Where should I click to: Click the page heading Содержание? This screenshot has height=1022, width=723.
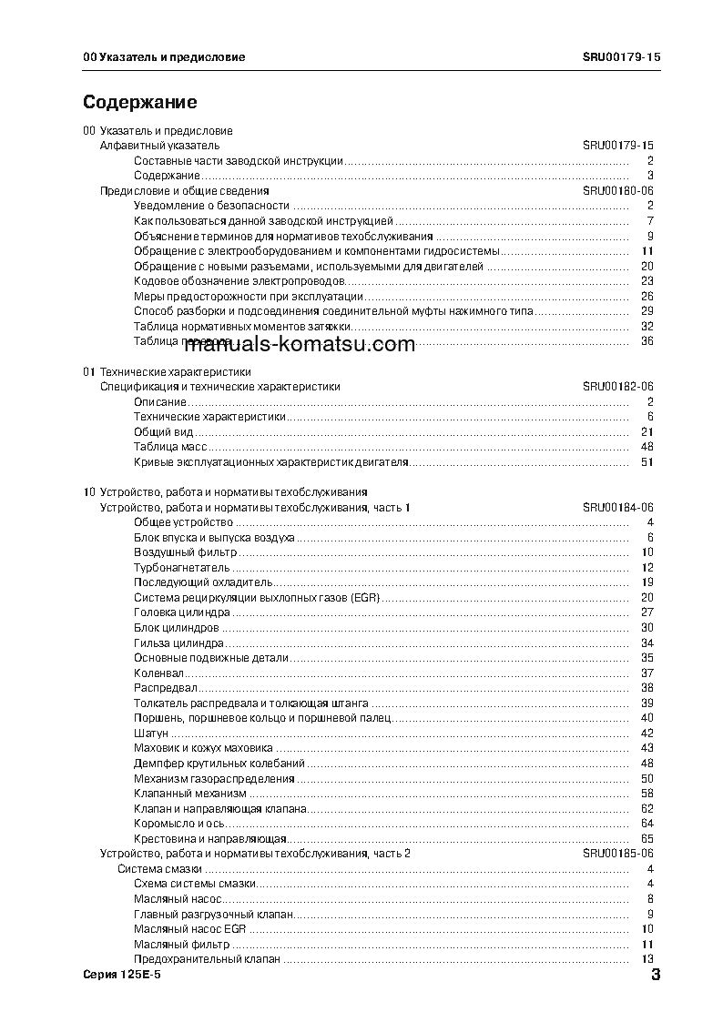click(139, 102)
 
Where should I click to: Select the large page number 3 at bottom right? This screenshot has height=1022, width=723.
click(655, 977)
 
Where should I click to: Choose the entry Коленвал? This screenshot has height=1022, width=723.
click(158, 673)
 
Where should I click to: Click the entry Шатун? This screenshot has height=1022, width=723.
click(151, 734)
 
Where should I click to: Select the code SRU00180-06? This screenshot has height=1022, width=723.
click(618, 191)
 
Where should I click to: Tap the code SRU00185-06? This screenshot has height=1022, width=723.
click(618, 854)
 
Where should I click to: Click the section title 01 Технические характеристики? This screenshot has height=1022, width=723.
click(167, 372)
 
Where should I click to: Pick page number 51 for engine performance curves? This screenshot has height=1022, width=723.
click(647, 462)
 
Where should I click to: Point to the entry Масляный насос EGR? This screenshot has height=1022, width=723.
click(190, 929)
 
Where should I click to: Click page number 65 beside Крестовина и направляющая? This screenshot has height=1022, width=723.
click(647, 838)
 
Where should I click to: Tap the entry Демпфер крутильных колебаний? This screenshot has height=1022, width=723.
click(219, 764)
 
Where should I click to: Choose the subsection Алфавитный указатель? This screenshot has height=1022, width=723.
click(159, 146)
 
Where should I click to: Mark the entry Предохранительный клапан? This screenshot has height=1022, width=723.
click(207, 959)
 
